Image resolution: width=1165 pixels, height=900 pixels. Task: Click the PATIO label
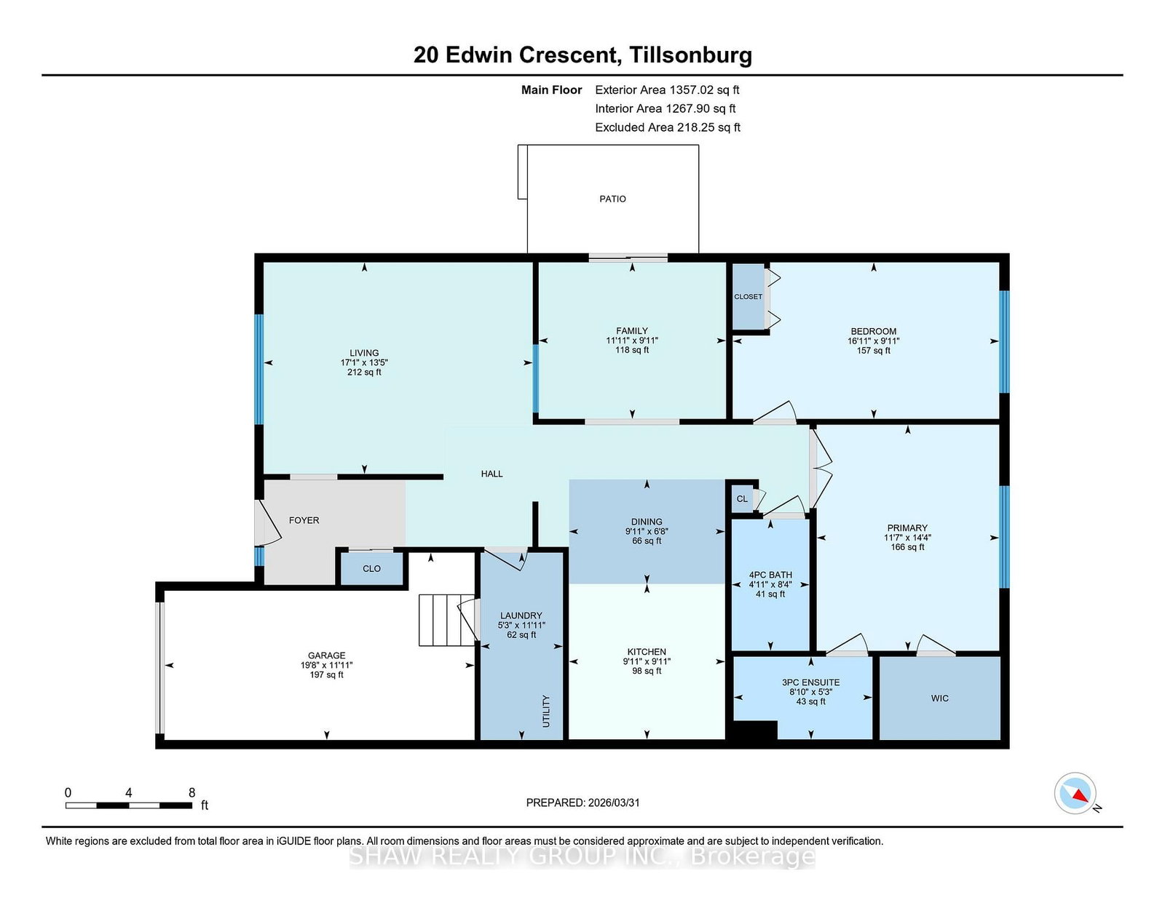612,199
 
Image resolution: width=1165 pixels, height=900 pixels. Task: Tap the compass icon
1075,793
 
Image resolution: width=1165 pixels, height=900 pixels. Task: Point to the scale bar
129,805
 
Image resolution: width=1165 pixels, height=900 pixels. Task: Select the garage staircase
446,620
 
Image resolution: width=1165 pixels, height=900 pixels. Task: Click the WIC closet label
939,698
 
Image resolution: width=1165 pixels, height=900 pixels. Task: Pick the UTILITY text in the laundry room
546,711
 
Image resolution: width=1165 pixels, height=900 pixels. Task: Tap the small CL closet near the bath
741,499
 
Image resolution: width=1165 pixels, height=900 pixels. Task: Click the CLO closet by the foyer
371,568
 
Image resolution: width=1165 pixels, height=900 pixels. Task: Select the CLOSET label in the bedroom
748,297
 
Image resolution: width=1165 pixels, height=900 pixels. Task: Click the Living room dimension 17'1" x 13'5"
364,362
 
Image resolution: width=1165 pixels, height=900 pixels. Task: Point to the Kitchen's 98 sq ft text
647,671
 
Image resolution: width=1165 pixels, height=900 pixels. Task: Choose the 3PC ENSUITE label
810,682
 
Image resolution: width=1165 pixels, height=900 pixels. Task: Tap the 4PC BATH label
770,575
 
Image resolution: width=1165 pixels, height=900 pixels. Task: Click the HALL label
491,474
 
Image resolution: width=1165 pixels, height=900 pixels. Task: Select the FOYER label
304,520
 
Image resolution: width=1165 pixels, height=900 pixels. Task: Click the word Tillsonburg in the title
690,55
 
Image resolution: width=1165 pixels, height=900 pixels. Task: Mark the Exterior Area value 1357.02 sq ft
704,90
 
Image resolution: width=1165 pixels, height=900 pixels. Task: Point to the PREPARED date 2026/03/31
614,803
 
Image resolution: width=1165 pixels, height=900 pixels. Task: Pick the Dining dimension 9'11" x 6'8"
647,531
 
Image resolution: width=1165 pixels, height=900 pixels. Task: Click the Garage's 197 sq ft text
326,674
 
